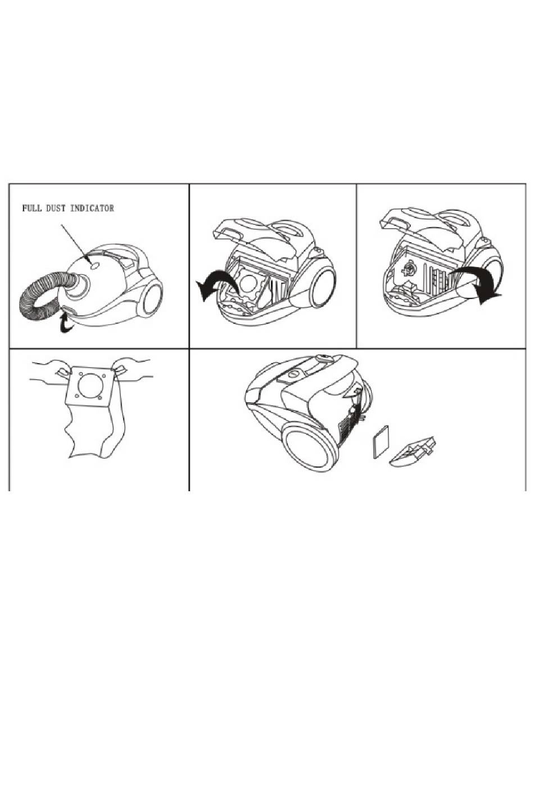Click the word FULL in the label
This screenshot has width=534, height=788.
[x=31, y=209]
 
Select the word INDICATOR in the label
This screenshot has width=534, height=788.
[x=92, y=209]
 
